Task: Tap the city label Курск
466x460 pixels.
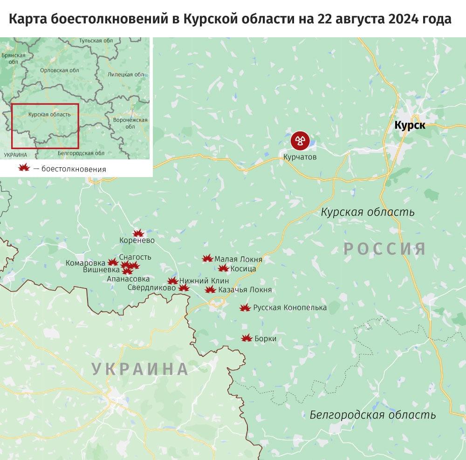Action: [410, 125]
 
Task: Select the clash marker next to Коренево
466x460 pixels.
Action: [138, 233]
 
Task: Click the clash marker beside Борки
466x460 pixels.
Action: [247, 338]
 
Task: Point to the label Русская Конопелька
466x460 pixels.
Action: [289, 308]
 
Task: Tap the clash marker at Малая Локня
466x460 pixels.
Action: [207, 259]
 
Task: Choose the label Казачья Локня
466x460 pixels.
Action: [245, 290]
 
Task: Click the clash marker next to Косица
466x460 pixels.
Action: [223, 268]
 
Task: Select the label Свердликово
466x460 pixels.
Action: [152, 288]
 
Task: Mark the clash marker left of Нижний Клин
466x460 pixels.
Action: [172, 281]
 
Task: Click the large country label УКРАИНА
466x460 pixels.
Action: [140, 369]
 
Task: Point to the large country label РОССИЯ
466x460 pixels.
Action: [385, 248]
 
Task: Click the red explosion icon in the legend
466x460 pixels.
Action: [23, 169]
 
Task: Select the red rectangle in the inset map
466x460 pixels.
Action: [45, 125]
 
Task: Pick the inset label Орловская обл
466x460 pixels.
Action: [60, 70]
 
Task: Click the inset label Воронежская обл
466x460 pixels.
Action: [130, 123]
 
